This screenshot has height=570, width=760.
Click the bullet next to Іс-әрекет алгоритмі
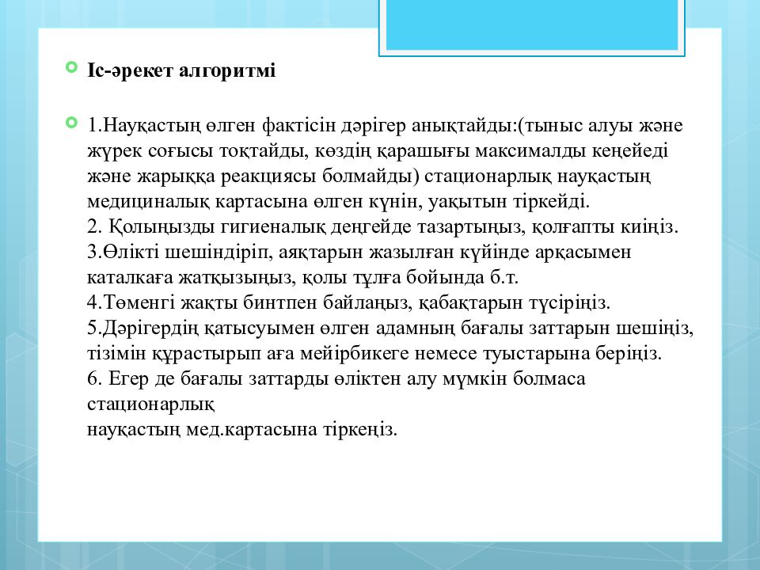71,68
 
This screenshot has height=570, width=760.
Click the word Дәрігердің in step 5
143,329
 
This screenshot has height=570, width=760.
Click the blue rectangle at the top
531,25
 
